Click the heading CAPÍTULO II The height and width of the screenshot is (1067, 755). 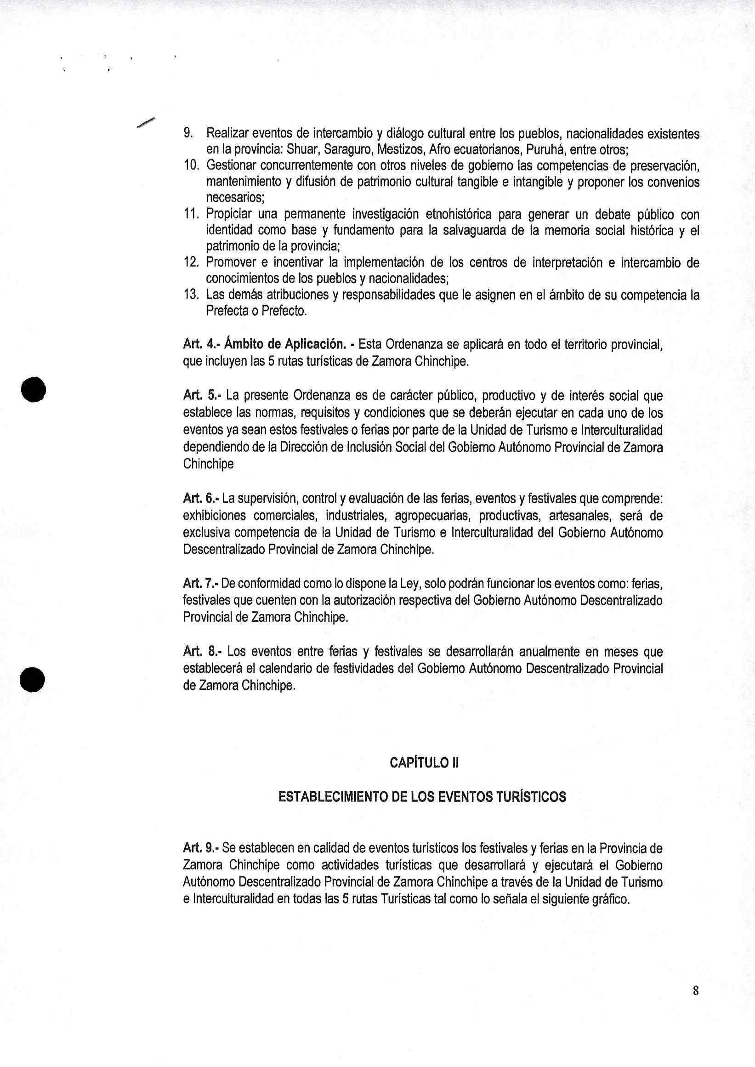[424, 764]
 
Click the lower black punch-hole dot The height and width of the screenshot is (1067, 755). [33, 678]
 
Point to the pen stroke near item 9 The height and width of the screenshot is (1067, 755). [146, 121]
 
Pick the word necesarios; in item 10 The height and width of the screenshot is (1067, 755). [235, 199]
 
